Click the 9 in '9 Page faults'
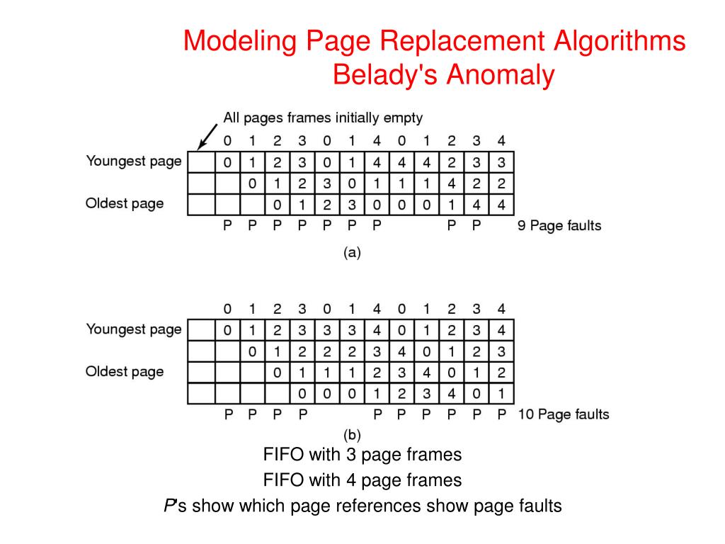(x=523, y=227)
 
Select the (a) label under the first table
(x=352, y=251)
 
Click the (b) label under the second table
(x=352, y=434)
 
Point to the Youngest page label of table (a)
(x=134, y=161)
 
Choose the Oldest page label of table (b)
(x=125, y=371)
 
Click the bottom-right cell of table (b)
(x=501, y=393)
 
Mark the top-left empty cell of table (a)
(x=201, y=162)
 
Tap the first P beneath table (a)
(x=227, y=227)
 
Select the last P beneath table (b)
(x=501, y=414)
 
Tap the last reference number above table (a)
(x=501, y=140)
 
